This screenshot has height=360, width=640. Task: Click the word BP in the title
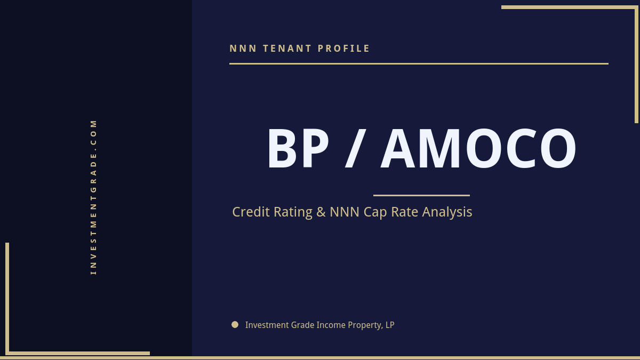pyautogui.click(x=298, y=149)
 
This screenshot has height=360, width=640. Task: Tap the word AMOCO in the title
pyautogui.click(x=478, y=149)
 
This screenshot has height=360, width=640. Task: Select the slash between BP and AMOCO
pyautogui.click(x=354, y=150)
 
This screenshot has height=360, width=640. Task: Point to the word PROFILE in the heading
pyautogui.click(x=344, y=49)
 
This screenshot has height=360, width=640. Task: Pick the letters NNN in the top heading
pyautogui.click(x=243, y=49)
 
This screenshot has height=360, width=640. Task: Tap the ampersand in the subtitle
pyautogui.click(x=321, y=212)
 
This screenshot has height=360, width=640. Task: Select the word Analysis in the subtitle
pyautogui.click(x=447, y=212)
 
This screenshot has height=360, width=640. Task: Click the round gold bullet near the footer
pyautogui.click(x=235, y=324)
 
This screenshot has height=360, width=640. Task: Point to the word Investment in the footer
pyautogui.click(x=267, y=325)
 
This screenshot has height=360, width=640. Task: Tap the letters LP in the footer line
pyautogui.click(x=389, y=325)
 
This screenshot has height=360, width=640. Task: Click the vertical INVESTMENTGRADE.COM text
pyautogui.click(x=93, y=197)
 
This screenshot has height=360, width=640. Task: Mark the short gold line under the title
pyautogui.click(x=421, y=195)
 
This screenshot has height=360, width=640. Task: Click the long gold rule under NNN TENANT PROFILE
pyautogui.click(x=419, y=63)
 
